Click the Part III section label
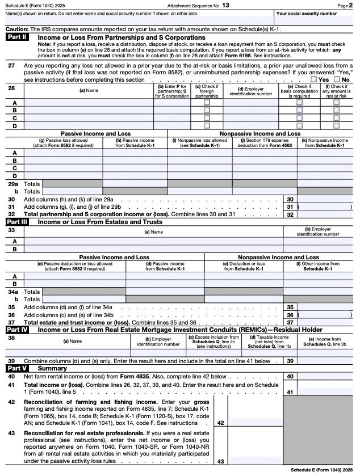pos(18,222)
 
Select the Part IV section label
pos(18,329)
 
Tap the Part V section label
pos(17,368)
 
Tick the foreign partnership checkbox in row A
pos(207,103)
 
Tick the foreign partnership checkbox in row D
pos(207,125)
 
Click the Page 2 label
pos(346,5)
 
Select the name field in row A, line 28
pos(89,103)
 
